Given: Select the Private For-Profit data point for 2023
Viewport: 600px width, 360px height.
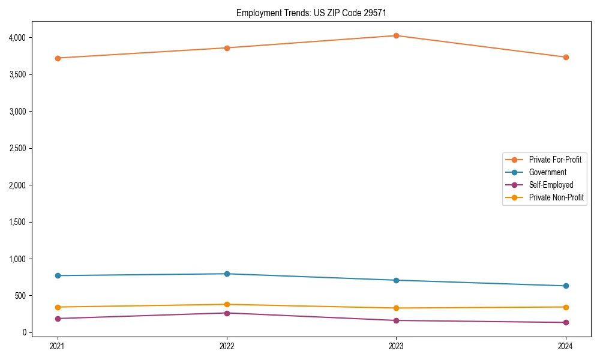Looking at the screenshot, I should (x=396, y=35).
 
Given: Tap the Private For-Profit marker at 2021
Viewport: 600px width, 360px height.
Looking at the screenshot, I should (x=58, y=58).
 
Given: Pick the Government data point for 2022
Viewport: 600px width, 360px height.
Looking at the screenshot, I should (x=227, y=274).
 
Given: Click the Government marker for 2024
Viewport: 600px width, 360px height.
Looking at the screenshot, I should (x=565, y=286).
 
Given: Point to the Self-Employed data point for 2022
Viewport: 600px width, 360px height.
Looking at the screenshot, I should (x=227, y=313).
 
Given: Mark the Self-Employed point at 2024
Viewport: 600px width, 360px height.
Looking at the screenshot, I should (x=565, y=322).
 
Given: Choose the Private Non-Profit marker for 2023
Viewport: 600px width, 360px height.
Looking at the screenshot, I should (x=396, y=308).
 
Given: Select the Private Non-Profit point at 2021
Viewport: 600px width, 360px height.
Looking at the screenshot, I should (x=58, y=307).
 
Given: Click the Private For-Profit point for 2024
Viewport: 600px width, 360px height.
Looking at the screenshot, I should (x=565, y=57).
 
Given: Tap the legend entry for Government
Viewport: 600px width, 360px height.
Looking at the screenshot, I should (x=547, y=172).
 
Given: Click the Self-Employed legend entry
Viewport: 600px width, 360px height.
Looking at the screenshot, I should (x=551, y=185).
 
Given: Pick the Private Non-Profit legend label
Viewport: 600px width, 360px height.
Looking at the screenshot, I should (x=556, y=197).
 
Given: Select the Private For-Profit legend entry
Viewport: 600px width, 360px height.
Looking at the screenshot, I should (x=555, y=160).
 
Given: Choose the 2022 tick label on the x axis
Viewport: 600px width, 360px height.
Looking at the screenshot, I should (x=227, y=346).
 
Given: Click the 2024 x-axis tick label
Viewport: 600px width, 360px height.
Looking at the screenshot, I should (x=565, y=346).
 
